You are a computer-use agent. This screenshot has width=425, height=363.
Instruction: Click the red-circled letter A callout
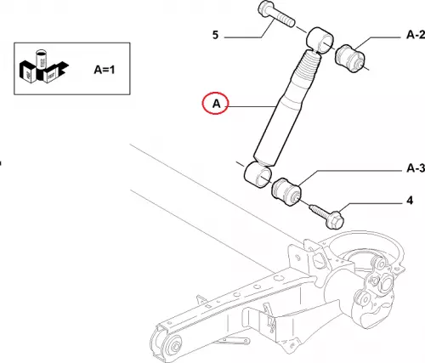(x=215, y=103)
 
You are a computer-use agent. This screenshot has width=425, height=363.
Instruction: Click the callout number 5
(x=216, y=35)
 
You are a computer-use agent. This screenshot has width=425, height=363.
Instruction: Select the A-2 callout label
(x=416, y=35)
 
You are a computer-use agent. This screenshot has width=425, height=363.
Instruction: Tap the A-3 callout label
(x=416, y=168)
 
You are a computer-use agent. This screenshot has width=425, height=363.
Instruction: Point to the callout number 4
(x=410, y=201)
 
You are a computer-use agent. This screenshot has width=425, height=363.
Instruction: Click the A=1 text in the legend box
(x=105, y=70)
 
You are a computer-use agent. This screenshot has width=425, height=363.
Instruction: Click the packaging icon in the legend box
(x=44, y=67)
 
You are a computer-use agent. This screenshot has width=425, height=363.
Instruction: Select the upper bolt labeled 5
(x=276, y=14)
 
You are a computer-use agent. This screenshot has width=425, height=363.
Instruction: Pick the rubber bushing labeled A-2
(x=349, y=58)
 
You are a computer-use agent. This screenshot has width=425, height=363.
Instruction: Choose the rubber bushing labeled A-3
(x=286, y=192)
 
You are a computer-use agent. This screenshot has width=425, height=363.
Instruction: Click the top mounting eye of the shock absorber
(x=320, y=40)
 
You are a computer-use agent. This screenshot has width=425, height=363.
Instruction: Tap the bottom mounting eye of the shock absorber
(x=258, y=174)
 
